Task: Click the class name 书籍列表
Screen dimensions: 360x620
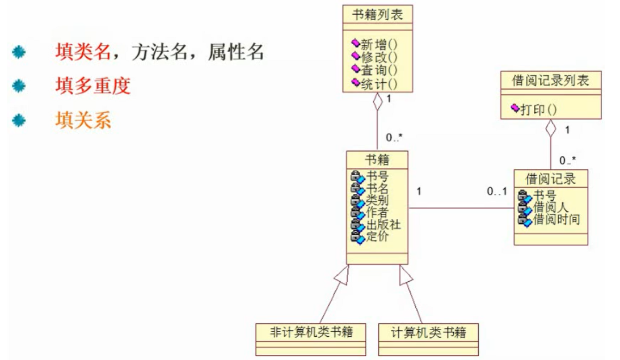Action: click(x=377, y=15)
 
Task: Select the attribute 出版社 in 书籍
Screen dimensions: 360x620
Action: click(x=384, y=225)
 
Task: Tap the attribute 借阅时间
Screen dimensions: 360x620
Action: click(x=556, y=219)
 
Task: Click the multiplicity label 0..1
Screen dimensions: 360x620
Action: click(x=497, y=192)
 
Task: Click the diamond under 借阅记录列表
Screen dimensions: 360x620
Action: click(x=550, y=128)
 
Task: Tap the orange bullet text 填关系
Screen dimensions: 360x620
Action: click(x=83, y=121)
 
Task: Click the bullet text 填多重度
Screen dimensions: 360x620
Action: click(x=93, y=86)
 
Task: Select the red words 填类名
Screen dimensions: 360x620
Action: click(x=82, y=52)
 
